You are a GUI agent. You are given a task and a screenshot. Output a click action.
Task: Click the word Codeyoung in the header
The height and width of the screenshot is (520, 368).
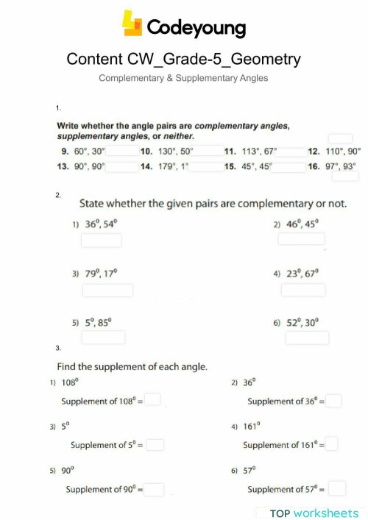(197, 28)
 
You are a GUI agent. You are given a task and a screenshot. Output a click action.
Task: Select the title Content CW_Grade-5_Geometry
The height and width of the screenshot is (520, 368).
(183, 59)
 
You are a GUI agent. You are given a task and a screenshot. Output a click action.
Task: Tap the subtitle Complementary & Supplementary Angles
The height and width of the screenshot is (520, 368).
(183, 78)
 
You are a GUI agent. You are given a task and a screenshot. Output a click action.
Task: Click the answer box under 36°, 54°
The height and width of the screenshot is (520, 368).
(102, 240)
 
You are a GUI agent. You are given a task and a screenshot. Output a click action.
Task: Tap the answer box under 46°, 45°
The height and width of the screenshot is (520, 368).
(301, 238)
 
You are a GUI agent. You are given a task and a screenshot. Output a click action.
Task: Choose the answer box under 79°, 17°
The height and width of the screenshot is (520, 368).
(107, 290)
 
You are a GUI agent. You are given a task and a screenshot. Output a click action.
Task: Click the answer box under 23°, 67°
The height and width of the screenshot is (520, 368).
(302, 290)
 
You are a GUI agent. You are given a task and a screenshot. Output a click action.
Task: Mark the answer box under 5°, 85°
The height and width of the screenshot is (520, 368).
(102, 337)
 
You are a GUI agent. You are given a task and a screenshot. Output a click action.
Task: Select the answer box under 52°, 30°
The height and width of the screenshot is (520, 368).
(307, 337)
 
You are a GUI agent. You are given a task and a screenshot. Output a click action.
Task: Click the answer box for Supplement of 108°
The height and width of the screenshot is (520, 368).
(153, 401)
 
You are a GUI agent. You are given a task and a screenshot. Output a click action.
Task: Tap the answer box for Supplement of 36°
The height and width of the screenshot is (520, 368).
(334, 401)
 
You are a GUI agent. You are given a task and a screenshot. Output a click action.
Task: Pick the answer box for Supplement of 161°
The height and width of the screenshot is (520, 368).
(332, 444)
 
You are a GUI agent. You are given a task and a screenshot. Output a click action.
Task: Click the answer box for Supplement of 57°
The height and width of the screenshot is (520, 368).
(337, 488)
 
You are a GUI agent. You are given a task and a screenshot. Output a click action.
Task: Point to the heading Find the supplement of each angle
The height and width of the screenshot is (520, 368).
(132, 366)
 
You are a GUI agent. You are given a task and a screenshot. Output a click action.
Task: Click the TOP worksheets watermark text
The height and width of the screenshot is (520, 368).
(314, 513)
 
